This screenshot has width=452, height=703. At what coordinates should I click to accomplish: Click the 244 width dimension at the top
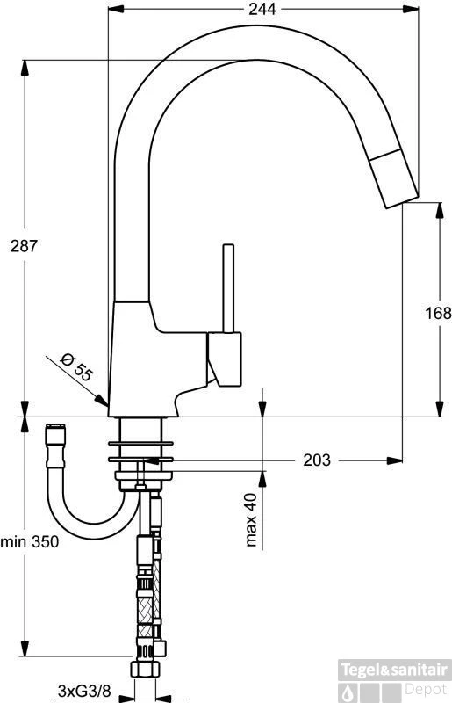pos(262,10)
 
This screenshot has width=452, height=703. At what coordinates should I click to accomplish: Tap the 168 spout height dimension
pos(438,313)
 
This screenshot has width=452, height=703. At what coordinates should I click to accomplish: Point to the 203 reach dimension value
pos(317,460)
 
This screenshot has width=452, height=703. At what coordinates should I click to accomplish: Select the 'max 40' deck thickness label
pos(252,520)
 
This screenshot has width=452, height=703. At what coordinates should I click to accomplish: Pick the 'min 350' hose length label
pos(30,542)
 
